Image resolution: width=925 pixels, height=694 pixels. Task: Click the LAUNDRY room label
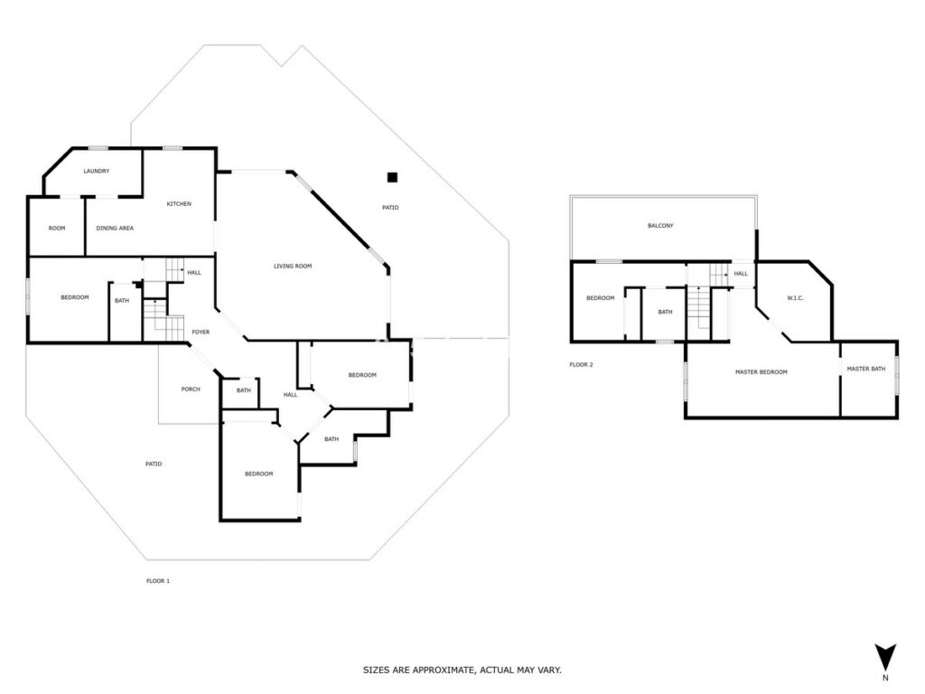(96, 171)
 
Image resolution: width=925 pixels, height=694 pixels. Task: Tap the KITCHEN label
(179, 204)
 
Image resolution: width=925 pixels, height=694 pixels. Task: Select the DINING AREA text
(115, 229)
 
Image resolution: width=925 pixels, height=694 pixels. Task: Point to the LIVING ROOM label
(293, 267)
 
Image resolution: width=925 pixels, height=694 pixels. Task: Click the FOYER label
(201, 333)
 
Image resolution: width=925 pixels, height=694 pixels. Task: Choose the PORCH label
(191, 389)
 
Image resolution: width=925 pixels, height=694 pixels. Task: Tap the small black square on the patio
(392, 177)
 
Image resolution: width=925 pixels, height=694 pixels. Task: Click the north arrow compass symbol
(885, 657)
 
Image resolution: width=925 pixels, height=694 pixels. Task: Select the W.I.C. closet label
(795, 298)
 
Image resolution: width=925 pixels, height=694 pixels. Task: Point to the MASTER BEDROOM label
(761, 372)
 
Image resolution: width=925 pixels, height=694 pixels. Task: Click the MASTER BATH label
(866, 369)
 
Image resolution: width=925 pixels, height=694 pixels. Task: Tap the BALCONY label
(660, 226)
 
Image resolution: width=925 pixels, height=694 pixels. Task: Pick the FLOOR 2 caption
(581, 365)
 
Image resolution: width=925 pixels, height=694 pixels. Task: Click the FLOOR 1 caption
(158, 581)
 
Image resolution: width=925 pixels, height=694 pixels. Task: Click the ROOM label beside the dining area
(57, 229)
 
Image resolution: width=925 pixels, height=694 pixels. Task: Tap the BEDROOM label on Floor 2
(600, 298)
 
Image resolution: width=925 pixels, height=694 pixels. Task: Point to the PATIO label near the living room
(390, 208)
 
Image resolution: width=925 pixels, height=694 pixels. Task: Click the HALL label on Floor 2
(741, 274)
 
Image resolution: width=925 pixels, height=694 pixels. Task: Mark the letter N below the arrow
(885, 678)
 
